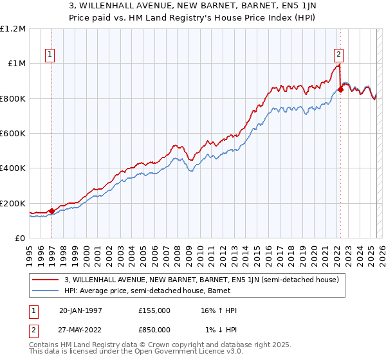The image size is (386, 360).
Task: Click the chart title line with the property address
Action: [x=193, y=7]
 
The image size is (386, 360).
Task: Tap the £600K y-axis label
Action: [x=13, y=134]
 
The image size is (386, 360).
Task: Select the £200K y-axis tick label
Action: [x=13, y=204]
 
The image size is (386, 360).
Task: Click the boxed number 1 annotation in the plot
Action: [x=50, y=55]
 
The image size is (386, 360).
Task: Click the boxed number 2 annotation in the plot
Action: [x=338, y=55]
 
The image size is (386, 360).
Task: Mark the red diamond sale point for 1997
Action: [x=51, y=211]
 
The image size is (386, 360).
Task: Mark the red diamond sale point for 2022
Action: [x=340, y=90]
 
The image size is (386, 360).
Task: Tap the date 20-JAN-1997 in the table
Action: [x=80, y=310]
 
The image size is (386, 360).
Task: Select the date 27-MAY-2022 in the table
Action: [x=81, y=330]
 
